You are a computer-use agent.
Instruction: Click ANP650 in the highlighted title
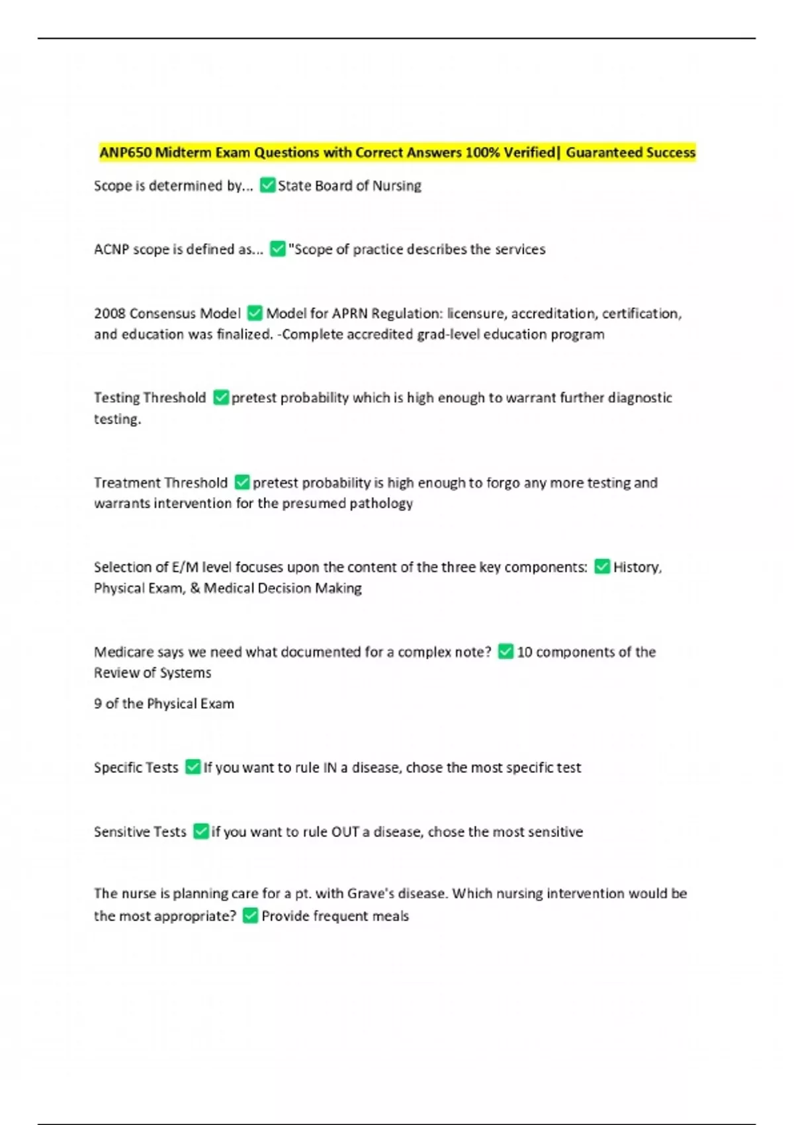126,153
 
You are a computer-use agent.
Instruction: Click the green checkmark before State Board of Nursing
267,185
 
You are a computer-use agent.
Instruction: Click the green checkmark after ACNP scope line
278,249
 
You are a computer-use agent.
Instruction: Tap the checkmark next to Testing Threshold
221,398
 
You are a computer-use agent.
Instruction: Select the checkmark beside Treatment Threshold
242,482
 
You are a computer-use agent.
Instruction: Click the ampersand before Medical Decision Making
195,588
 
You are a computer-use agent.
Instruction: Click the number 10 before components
524,652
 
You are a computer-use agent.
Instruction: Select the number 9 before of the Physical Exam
97,703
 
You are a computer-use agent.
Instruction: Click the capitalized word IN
330,768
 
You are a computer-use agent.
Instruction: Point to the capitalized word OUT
345,832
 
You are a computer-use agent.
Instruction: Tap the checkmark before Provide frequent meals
250,916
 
